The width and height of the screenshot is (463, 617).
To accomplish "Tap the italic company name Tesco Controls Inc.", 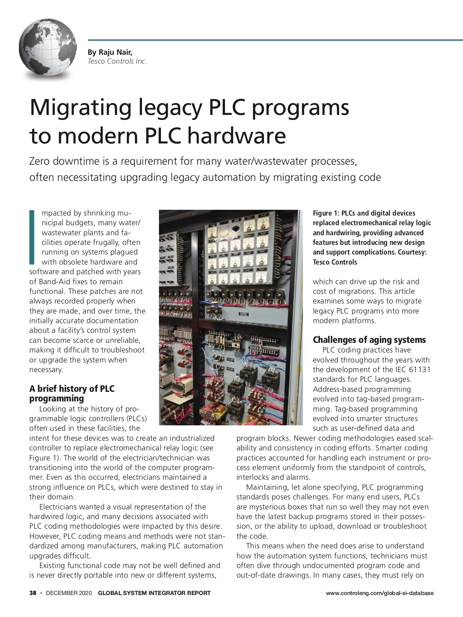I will (117, 61).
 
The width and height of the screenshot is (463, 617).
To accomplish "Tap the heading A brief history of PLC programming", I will (72, 393).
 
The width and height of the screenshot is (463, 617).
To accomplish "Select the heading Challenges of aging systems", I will (369, 340).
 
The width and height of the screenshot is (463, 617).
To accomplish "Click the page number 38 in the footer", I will (33, 593).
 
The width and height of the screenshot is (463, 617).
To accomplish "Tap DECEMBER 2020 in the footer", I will (69, 593).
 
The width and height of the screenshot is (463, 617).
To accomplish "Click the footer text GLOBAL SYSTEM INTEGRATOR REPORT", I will (154, 593).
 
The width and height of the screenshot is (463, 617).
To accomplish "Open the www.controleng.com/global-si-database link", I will (379, 593).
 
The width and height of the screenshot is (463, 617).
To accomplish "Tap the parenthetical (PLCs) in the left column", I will (136, 418).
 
